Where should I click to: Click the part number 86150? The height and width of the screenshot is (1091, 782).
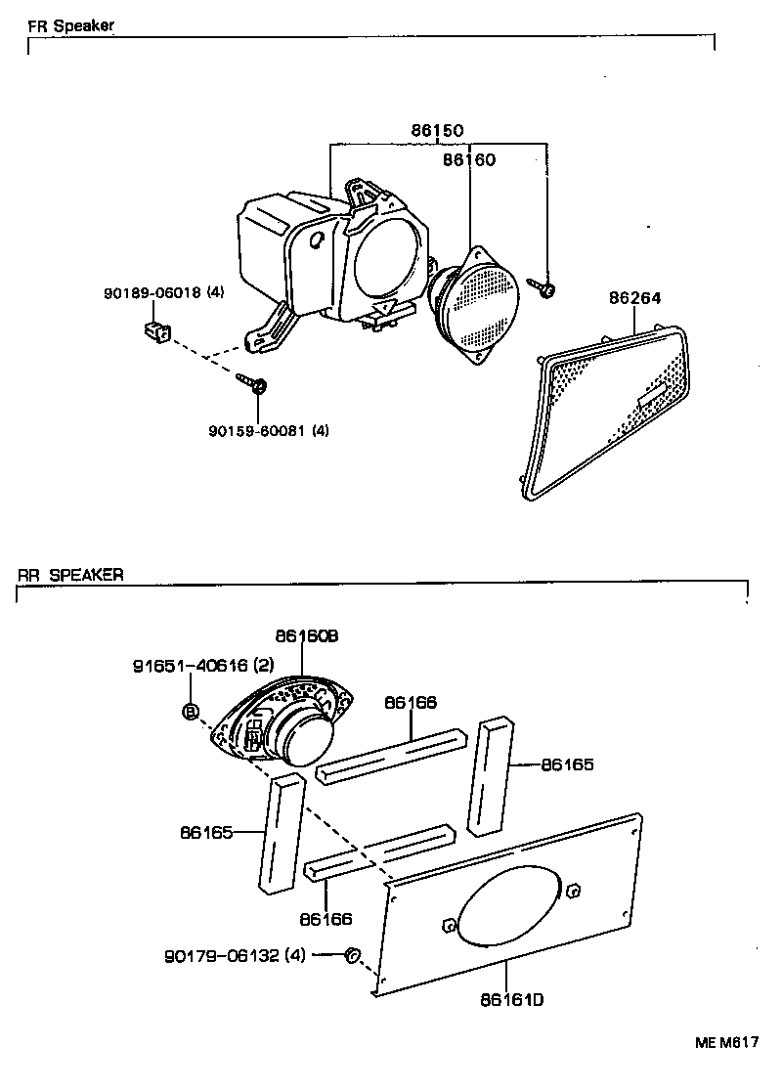tap(437, 130)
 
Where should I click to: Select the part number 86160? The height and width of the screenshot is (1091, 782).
tap(469, 160)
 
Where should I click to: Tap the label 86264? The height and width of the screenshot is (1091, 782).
tap(635, 298)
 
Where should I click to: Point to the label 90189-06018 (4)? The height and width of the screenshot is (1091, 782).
tap(164, 293)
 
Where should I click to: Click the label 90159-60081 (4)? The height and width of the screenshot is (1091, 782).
tap(269, 431)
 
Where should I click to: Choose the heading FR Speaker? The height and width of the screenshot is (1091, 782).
tap(71, 26)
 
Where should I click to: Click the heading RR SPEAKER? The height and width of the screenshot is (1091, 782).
tap(70, 575)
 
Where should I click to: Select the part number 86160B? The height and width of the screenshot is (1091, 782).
tap(307, 636)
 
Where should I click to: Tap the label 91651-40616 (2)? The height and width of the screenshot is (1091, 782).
tap(203, 666)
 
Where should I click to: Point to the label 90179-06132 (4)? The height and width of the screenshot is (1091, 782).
tap(236, 956)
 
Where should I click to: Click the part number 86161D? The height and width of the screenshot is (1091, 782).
tap(512, 1000)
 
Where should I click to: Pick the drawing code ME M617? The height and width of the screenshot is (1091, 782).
tap(727, 1042)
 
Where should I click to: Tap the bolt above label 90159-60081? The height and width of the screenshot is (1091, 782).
tap(252, 382)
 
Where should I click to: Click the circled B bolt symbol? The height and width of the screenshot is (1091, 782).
tap(191, 711)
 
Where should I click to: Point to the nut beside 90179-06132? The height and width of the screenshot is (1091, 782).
tap(352, 955)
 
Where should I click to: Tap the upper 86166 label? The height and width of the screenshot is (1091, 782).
tap(411, 703)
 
